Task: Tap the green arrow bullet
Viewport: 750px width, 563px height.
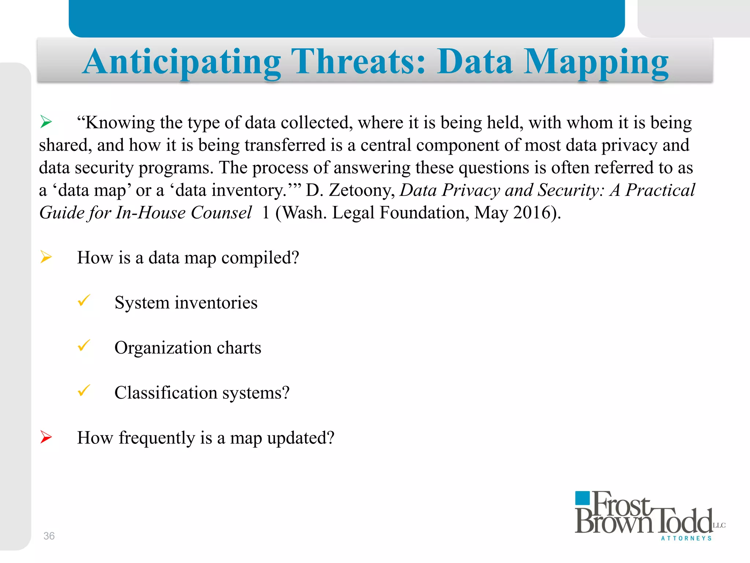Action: point(46,122)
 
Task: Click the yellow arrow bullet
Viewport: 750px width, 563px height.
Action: point(46,257)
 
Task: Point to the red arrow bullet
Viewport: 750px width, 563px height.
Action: point(46,437)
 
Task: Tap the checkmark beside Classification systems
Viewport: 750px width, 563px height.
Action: point(84,390)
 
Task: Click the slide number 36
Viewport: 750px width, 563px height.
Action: point(49,536)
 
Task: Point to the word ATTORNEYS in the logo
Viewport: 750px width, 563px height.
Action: point(686,538)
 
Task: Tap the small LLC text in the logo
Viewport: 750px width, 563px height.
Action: point(719,525)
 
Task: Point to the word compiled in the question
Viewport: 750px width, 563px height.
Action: point(260,258)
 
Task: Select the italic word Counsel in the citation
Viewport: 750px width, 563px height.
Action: point(221,213)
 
